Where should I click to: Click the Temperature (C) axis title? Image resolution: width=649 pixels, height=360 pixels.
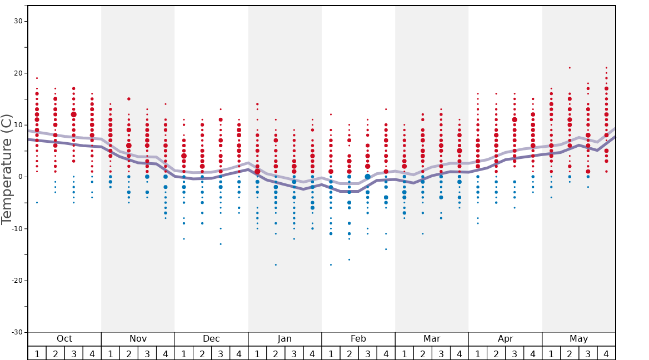point(7,169)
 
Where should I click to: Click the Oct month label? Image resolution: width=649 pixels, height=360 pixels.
point(64,339)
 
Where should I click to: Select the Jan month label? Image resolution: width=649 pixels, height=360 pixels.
point(284,339)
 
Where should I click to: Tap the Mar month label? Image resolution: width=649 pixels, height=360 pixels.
point(432,339)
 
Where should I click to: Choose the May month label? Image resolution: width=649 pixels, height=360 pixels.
point(578,339)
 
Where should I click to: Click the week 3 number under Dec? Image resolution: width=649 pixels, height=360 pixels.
point(221,353)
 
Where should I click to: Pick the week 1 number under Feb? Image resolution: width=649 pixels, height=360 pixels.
point(331,353)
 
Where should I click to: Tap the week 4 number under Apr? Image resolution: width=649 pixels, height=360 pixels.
point(533,353)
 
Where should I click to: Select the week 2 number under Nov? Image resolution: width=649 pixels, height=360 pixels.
point(129,353)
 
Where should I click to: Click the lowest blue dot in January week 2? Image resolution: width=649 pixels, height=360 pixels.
point(276,264)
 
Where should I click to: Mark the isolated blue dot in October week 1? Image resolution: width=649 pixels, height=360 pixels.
point(37,202)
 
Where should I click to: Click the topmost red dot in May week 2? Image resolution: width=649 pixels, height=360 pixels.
point(570,68)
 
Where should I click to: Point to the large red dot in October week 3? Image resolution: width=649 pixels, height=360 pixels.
point(73,114)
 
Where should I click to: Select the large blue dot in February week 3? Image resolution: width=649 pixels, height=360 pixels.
point(367,177)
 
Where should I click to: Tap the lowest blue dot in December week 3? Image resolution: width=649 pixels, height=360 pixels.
point(221,244)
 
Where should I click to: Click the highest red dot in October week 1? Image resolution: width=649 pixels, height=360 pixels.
point(37,78)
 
